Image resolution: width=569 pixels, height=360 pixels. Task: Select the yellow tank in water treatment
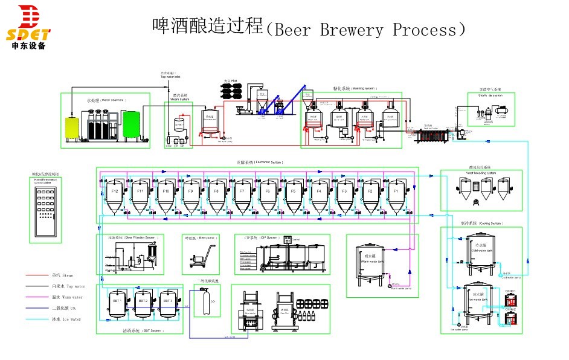(72, 125)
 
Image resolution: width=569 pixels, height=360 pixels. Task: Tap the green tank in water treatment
(131, 124)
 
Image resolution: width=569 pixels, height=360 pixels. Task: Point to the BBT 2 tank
(143, 305)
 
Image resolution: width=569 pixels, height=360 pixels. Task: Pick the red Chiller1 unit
(510, 298)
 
